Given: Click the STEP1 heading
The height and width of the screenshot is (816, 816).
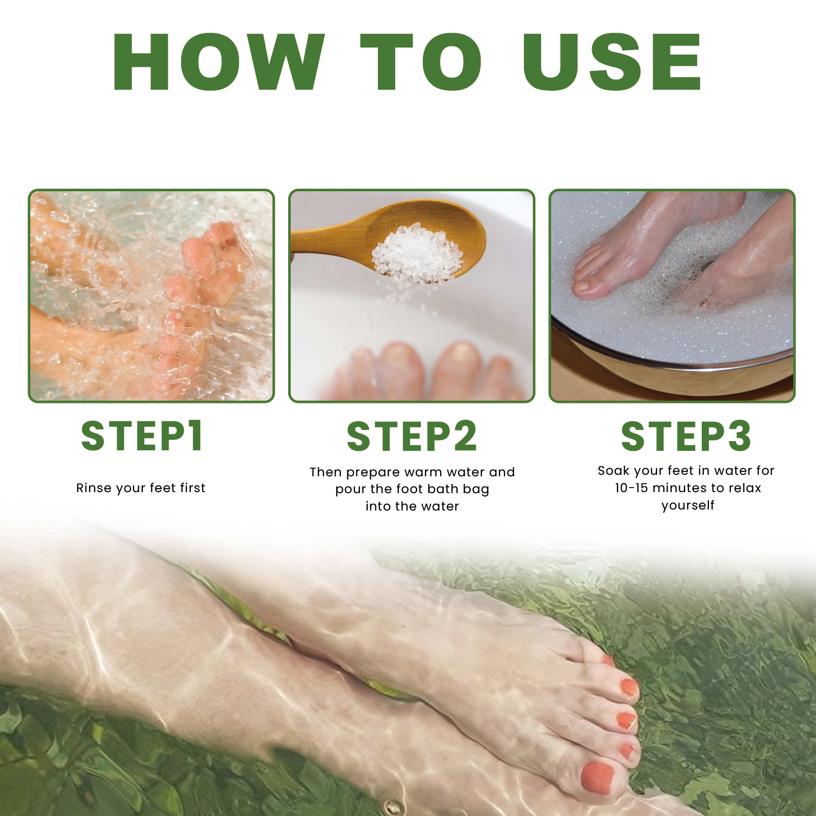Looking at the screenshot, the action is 142,436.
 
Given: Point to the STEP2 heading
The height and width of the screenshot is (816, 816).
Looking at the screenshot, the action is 412,437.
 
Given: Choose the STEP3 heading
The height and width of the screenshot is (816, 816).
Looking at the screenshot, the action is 686,437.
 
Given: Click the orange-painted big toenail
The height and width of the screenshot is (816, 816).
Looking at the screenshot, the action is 596,778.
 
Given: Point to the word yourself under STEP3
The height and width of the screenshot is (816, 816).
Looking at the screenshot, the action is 688,505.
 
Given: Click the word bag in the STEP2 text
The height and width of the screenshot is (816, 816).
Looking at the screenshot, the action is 476,490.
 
